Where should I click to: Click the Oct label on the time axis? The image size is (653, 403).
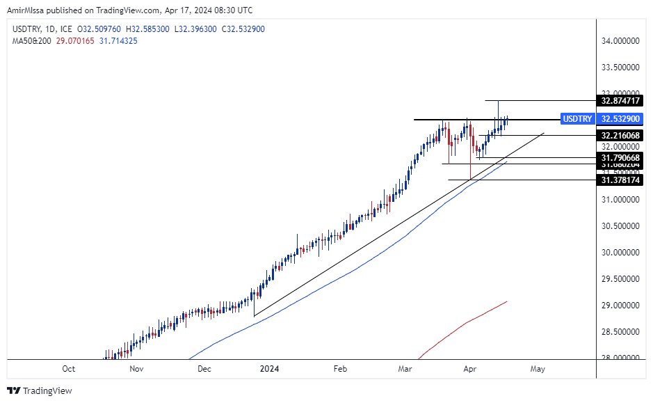[x=68, y=369]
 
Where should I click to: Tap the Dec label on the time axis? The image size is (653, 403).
[x=204, y=369]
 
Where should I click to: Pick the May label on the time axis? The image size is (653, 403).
[x=537, y=369]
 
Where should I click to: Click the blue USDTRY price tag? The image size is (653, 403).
[x=577, y=119]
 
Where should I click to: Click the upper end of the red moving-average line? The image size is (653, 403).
[x=506, y=301]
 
